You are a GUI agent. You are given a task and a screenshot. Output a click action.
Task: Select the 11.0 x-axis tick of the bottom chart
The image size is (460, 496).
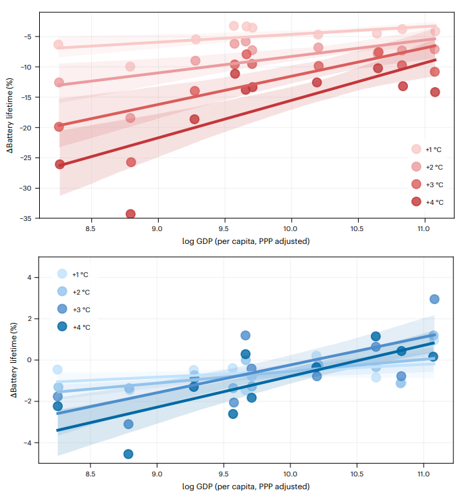(424, 475)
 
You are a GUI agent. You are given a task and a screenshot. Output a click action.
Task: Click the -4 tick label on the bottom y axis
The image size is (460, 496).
(28, 443)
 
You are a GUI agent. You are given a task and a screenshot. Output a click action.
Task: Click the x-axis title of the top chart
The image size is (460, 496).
(246, 241)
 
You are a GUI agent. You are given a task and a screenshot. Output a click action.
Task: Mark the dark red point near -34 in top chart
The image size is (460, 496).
(130, 214)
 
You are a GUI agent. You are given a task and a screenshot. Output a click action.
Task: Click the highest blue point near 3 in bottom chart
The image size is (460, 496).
(434, 299)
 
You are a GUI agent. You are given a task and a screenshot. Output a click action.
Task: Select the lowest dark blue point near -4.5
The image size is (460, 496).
(128, 454)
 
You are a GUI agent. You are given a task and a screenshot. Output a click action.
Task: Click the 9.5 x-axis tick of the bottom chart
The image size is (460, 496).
(224, 475)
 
